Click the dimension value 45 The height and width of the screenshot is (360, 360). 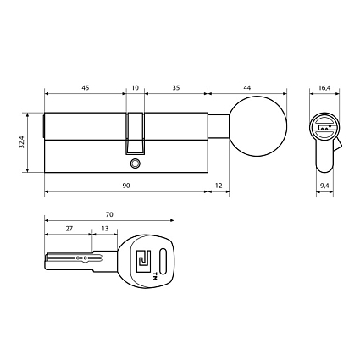pyautogui.click(x=86, y=88)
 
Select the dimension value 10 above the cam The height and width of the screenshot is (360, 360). pyautogui.click(x=136, y=88)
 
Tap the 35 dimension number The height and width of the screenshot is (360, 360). pyautogui.click(x=176, y=88)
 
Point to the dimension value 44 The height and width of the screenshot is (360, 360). pyautogui.click(x=247, y=88)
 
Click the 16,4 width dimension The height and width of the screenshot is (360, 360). pyautogui.click(x=324, y=88)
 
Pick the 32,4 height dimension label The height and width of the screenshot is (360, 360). pyautogui.click(x=22, y=142)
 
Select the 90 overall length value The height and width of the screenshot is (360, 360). pyautogui.click(x=126, y=186)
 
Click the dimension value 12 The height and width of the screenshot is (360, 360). pyautogui.click(x=219, y=186)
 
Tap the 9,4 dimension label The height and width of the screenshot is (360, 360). pyautogui.click(x=324, y=186)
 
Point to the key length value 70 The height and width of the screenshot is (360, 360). pyautogui.click(x=109, y=214)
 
